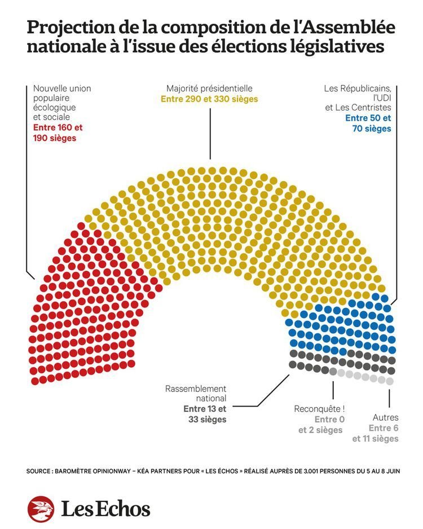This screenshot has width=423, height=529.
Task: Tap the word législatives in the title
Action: [x=340, y=47]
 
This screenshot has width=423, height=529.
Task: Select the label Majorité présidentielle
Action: [x=209, y=89]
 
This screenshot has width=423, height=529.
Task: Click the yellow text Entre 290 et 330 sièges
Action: [x=209, y=99]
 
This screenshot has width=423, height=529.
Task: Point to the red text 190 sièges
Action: [x=55, y=138]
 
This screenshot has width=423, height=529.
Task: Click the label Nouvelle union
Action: [x=62, y=89]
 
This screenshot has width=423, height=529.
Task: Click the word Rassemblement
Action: [x=196, y=389]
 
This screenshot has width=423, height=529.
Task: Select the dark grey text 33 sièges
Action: [x=207, y=420]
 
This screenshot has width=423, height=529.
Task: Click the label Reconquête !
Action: [x=319, y=409]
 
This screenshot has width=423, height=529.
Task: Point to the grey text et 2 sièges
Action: [x=320, y=430]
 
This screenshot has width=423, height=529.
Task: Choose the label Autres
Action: [x=386, y=418]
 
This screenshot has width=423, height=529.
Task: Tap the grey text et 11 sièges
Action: [x=376, y=439]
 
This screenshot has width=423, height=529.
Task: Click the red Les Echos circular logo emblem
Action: [x=41, y=509]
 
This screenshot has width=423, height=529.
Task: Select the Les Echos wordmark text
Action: [x=105, y=509]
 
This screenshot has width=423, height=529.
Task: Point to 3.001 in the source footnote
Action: [x=307, y=471]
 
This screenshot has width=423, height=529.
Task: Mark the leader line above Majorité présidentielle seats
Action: [x=210, y=133]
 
